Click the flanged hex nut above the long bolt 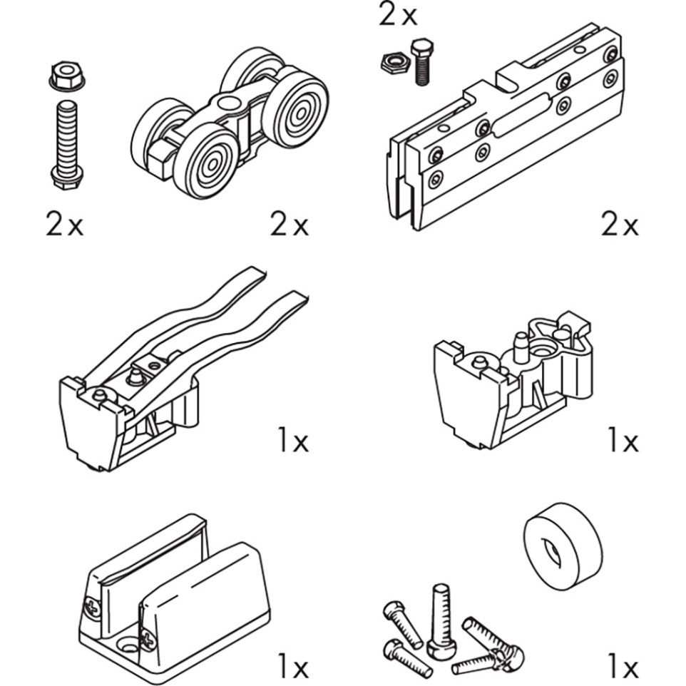66,76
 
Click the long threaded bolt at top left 67,145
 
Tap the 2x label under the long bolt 64,225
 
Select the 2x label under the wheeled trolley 290,225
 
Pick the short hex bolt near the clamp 421,62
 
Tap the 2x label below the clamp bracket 620,225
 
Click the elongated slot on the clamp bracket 521,114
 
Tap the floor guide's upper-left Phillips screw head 92,608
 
